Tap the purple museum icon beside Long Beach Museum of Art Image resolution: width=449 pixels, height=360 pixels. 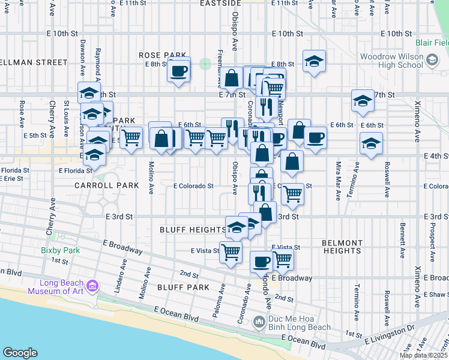coord(92,284)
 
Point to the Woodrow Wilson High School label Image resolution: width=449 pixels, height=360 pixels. coord(391,61)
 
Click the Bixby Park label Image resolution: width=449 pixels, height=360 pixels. coord(56,250)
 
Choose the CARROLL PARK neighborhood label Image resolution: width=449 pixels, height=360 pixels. coord(106,186)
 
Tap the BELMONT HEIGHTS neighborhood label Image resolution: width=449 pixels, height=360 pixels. coord(342,247)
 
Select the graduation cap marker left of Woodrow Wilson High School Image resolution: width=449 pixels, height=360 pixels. coord(313,61)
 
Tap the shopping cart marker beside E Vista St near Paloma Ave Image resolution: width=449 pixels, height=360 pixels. coord(231,253)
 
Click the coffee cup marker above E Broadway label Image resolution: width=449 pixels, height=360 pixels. coord(261,262)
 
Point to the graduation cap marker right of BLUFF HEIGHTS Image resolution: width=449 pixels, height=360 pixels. coord(237,227)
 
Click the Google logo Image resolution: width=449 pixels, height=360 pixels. coord(20,353)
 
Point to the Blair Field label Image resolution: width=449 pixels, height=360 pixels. coord(432,43)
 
